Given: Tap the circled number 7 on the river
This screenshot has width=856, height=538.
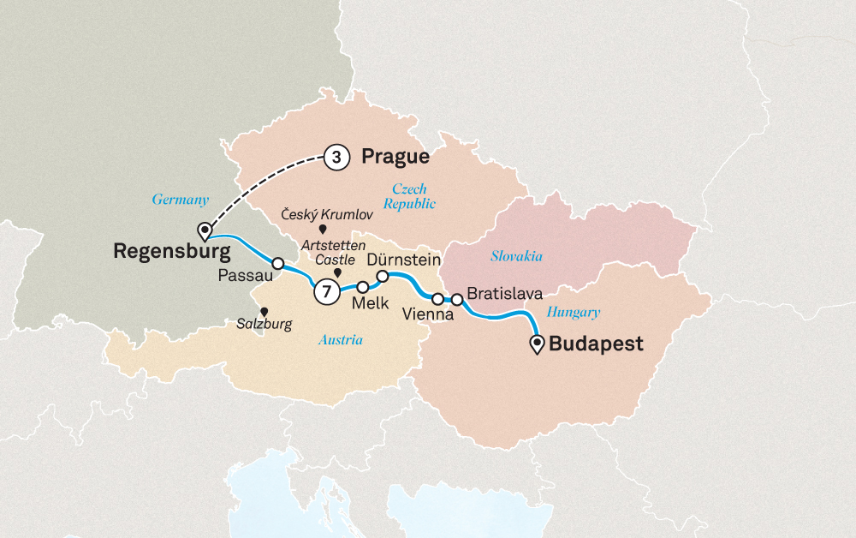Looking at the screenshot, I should (326, 291).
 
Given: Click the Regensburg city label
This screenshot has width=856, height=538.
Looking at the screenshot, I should (172, 252).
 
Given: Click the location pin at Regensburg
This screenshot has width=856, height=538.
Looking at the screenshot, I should (205, 230).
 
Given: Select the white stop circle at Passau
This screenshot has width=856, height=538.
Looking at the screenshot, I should (277, 263).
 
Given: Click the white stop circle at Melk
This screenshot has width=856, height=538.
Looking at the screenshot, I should (363, 287).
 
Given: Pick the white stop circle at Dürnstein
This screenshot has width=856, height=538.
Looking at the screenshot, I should (383, 276).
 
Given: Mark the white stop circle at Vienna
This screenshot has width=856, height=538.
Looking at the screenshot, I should (437, 299).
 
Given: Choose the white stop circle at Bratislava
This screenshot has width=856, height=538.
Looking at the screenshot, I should (457, 299).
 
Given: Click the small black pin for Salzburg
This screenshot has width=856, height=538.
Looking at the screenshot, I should (265, 312).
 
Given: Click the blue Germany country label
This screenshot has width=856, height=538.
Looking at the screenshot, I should (180, 199).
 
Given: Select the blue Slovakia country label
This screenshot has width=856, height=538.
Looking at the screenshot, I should (516, 256).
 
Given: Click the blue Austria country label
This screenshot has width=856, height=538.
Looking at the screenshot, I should (341, 340).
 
